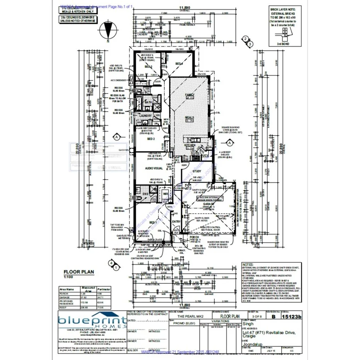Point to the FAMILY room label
coord(189,95)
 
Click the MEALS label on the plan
coord(189,117)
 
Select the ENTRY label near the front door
coord(176,221)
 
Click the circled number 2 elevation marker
coord(245,38)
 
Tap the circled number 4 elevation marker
coord(112,263)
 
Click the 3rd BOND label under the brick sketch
coord(282,44)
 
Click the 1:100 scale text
coord(68,277)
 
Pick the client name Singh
coord(249,324)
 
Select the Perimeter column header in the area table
coord(102,289)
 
